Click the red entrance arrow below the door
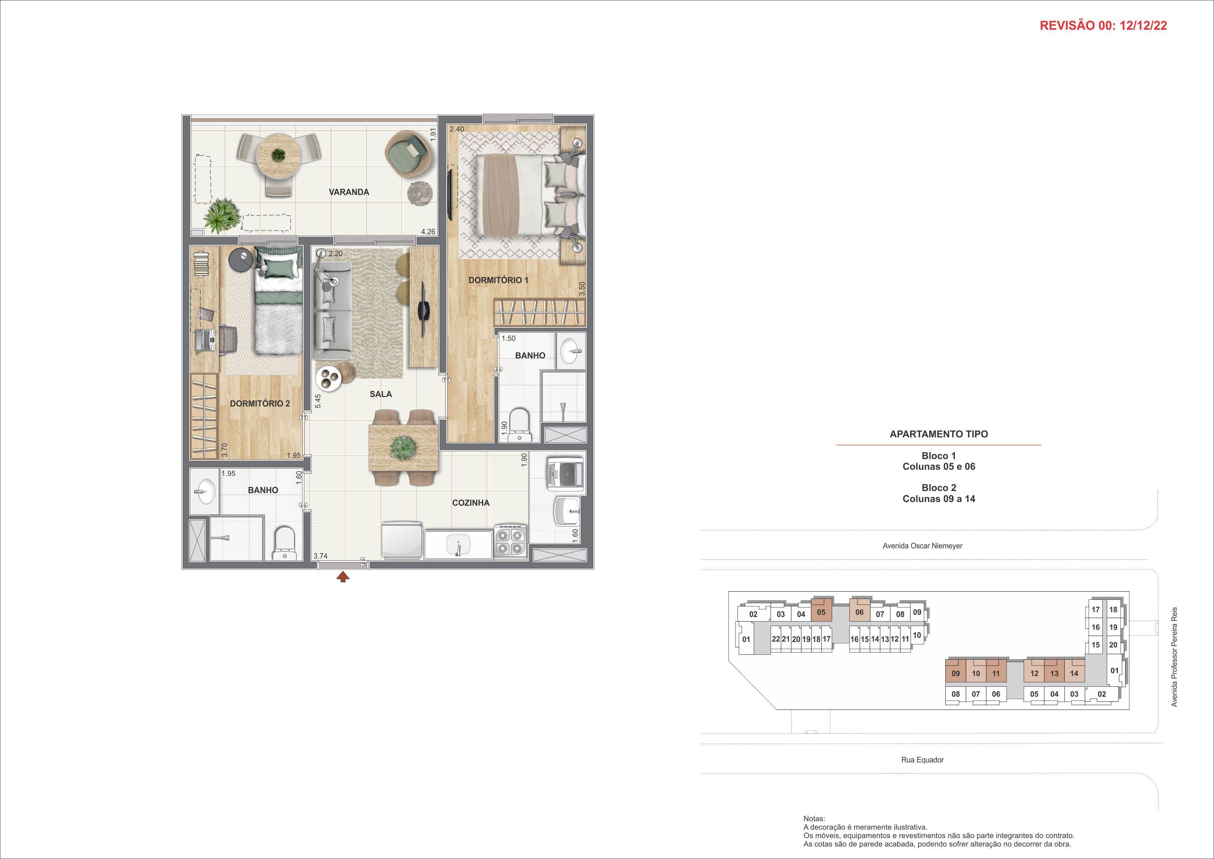[344, 577]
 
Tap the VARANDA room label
[349, 192]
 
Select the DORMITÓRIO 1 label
[498, 280]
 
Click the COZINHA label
[471, 502]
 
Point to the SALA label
[381, 394]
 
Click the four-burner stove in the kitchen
[511, 541]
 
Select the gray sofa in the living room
[333, 313]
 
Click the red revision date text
[1104, 25]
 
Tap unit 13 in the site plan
[1054, 673]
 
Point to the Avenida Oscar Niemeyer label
[922, 545]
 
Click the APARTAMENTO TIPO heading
[939, 434]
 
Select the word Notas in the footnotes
[814, 818]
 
